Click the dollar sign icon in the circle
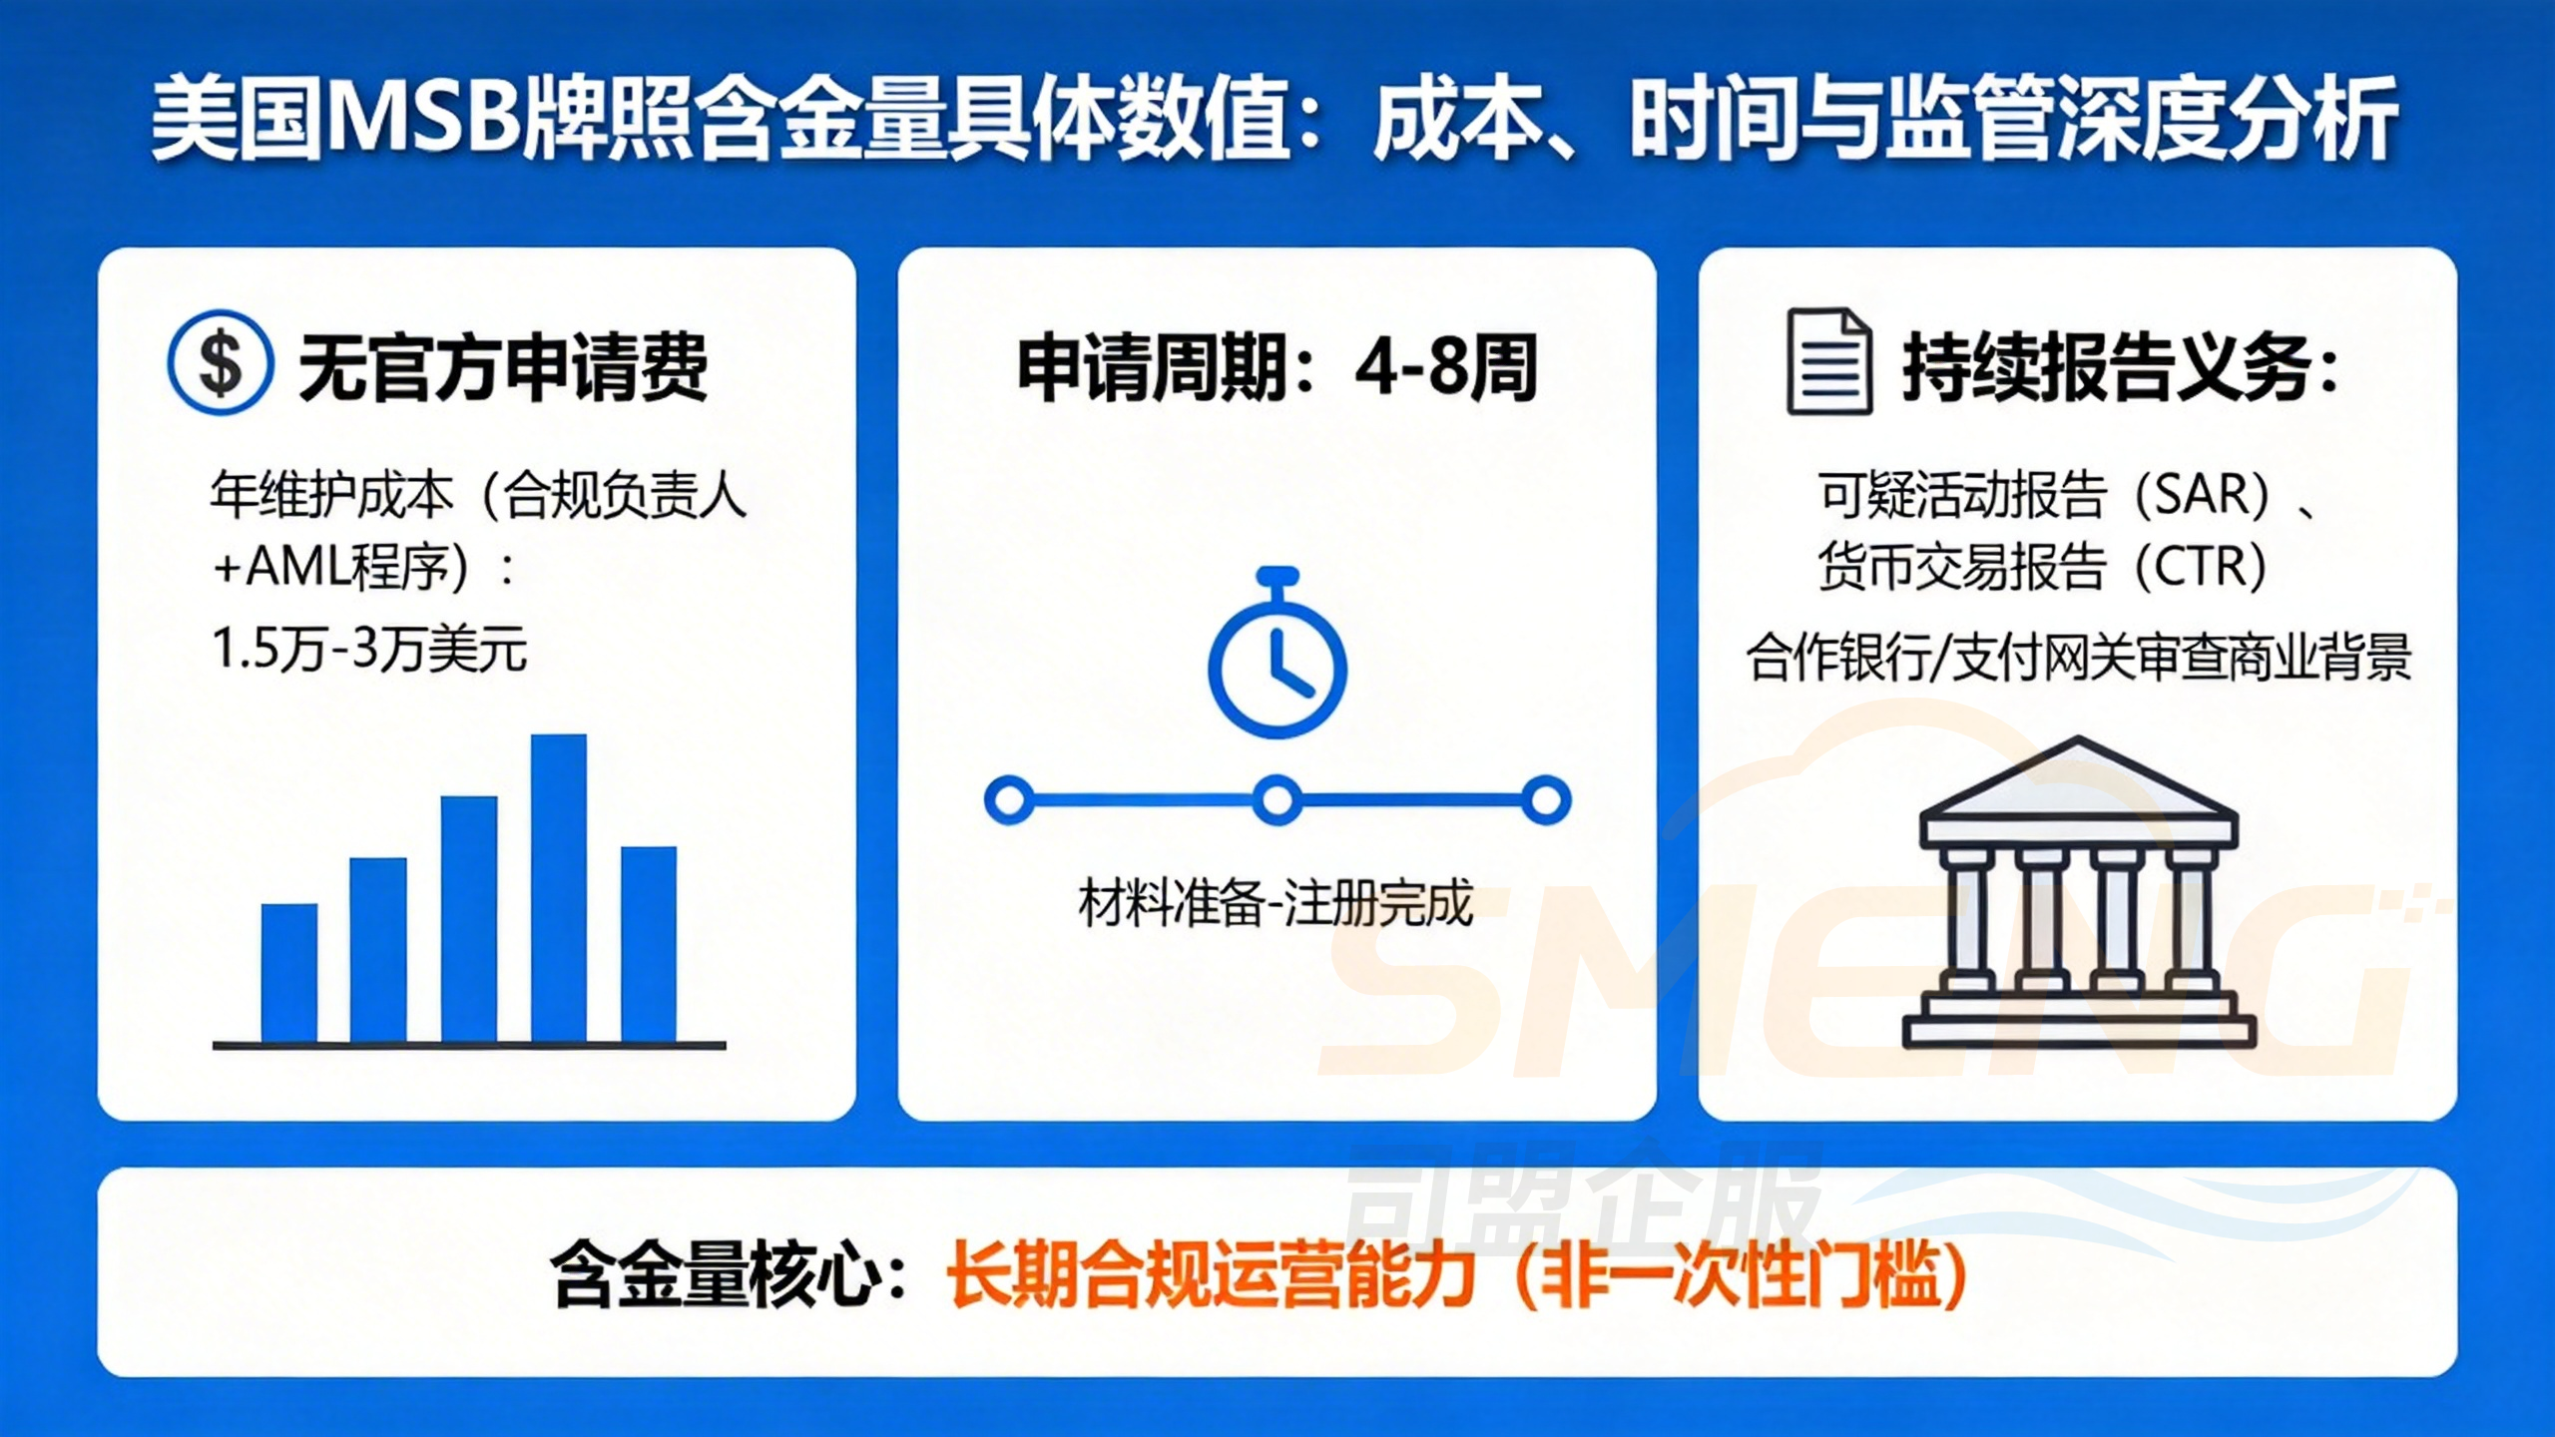[x=220, y=362]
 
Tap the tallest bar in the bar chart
[x=558, y=888]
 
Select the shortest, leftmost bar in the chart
[x=289, y=973]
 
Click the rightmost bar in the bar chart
[x=649, y=944]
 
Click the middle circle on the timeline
[x=1277, y=799]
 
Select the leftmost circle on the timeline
[x=1009, y=799]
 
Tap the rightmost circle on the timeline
[x=1545, y=799]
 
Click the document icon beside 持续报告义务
[x=1828, y=361]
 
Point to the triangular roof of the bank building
[x=2078, y=783]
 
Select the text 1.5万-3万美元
[x=369, y=650]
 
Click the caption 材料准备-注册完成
[x=1276, y=904]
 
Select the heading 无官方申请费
[x=503, y=367]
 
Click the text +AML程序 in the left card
[x=339, y=567]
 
